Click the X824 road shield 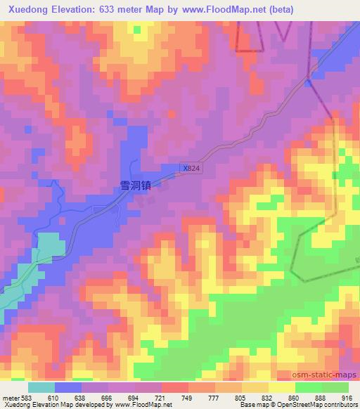coord(191,168)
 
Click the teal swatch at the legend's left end coord(41,387)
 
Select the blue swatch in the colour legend coord(68,387)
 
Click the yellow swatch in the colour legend coord(281,387)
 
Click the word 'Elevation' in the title coord(78,9)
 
